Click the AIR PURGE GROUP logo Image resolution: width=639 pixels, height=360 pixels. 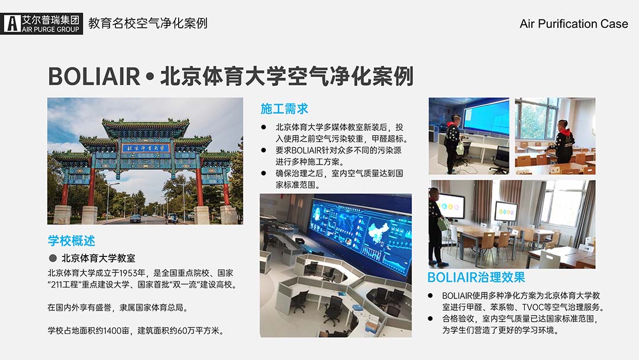coord(41,24)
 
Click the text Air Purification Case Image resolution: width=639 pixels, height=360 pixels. coord(574,24)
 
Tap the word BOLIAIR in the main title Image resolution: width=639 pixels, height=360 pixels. coord(94,76)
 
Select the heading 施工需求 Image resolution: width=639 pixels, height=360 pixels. coord(285,109)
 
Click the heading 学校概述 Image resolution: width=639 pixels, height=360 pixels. coord(72,240)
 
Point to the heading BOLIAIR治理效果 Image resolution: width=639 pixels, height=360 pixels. coord(476,277)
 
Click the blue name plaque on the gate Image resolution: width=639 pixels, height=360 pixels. coord(146,148)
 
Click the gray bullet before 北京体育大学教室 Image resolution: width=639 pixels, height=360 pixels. coord(53,258)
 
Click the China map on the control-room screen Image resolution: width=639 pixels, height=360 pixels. coord(379,231)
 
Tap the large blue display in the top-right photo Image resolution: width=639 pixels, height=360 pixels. coord(486,115)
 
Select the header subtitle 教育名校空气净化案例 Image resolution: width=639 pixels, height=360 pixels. coord(148,23)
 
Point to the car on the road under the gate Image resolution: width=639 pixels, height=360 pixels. coord(135,218)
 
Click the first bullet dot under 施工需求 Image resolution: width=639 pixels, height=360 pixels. coord(263,127)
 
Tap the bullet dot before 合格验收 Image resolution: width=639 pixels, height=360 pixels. coord(430,319)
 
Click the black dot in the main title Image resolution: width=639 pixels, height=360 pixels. coord(150,76)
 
